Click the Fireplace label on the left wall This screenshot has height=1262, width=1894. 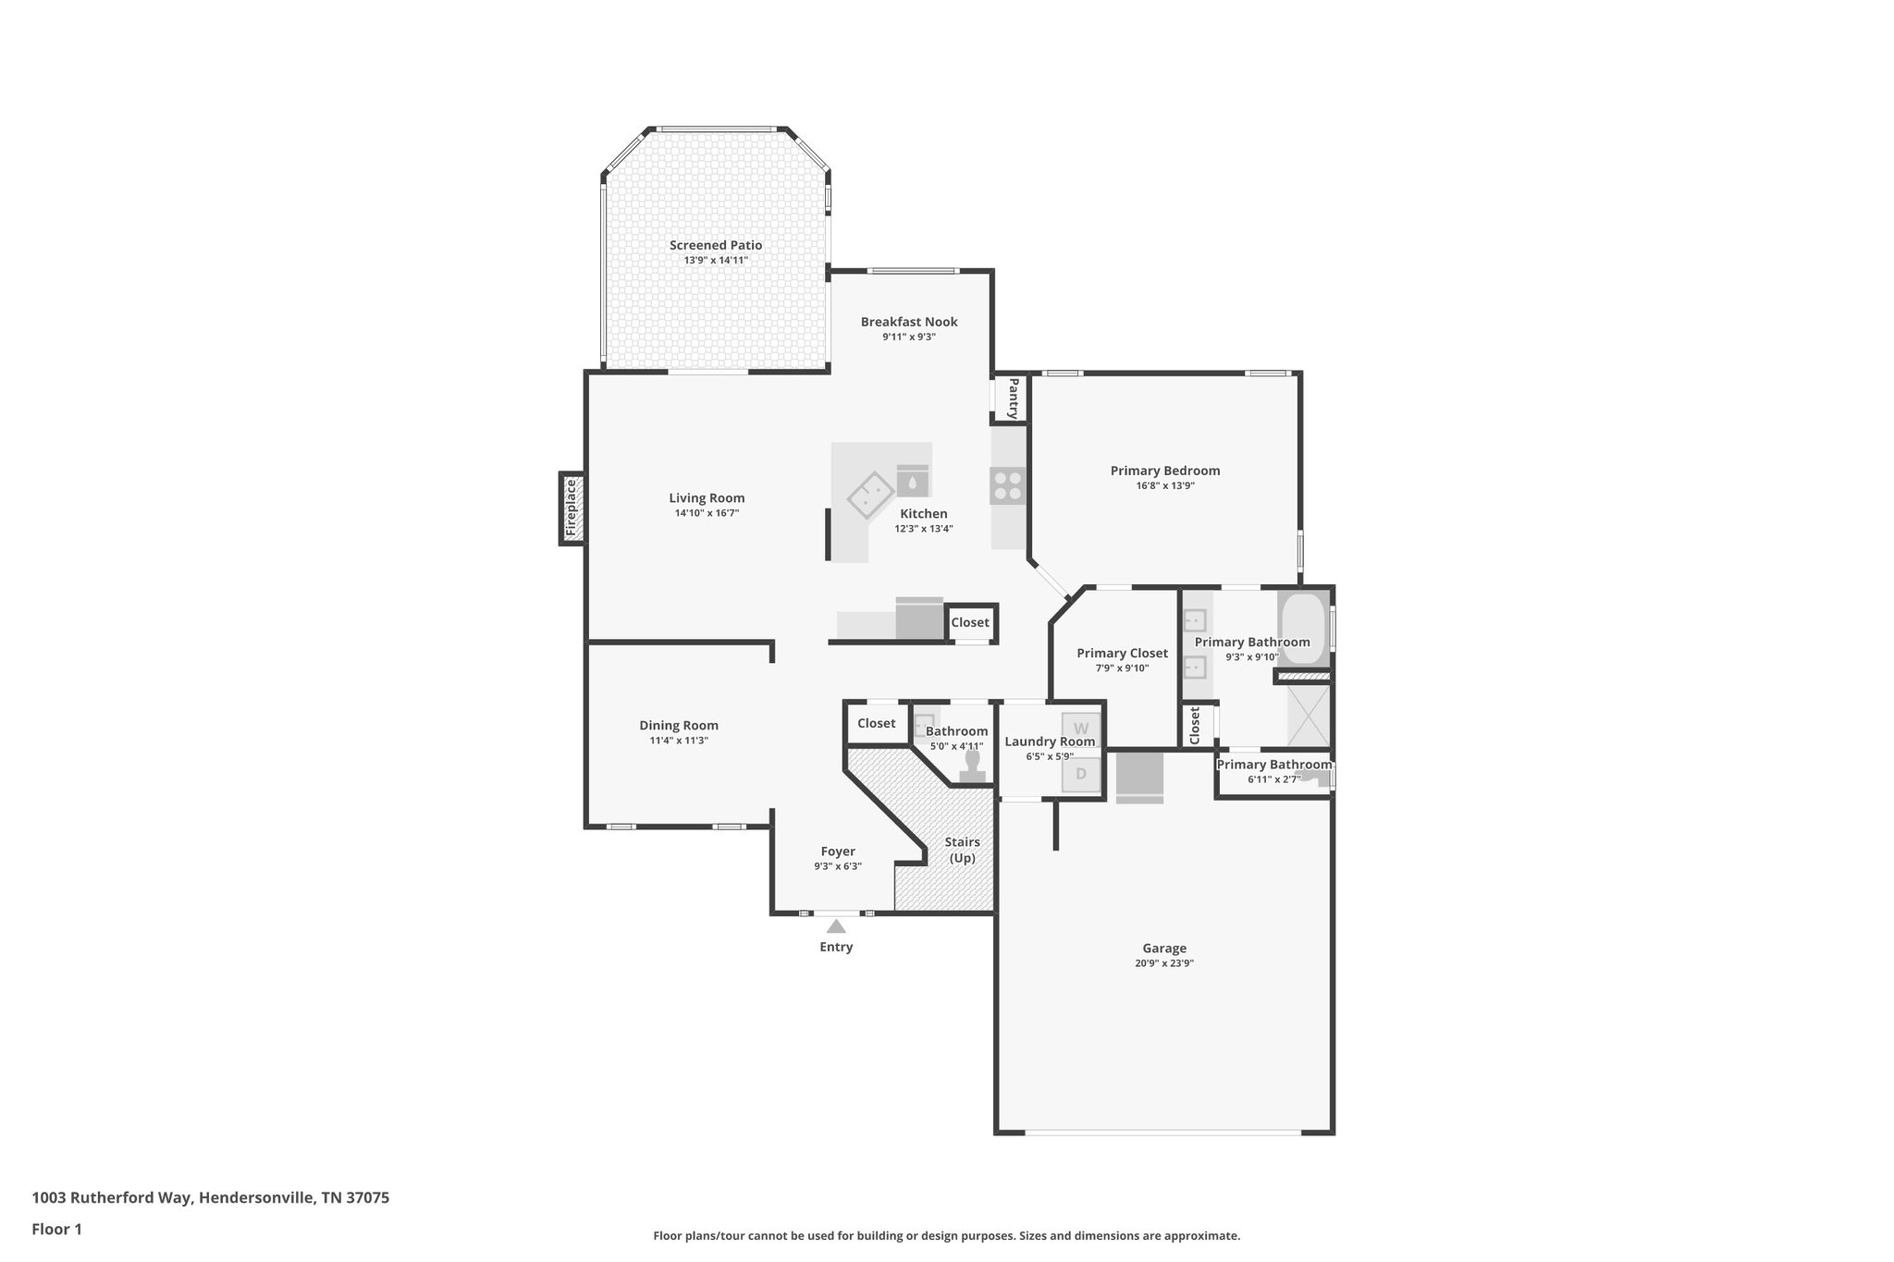572,508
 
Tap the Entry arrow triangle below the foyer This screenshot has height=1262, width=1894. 836,926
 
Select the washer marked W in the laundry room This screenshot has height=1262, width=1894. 1080,729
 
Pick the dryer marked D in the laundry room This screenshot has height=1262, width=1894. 1080,774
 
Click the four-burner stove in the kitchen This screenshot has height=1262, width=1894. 1008,485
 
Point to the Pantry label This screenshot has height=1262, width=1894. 1013,398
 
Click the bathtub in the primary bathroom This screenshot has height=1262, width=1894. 1303,628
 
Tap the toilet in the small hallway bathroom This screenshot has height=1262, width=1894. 972,766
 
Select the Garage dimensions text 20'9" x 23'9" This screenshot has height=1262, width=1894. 1163,962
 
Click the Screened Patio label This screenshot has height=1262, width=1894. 716,245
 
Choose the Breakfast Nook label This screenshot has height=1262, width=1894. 909,322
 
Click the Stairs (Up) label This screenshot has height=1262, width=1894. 962,850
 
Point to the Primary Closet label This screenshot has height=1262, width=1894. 1122,653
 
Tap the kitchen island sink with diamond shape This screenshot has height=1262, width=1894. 870,495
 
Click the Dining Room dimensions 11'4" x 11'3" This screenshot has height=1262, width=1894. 679,741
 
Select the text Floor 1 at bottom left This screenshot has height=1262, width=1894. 57,1229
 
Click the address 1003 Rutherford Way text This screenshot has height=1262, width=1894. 211,1197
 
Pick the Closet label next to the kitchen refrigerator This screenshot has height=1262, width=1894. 970,622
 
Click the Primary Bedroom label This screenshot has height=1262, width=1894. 1165,471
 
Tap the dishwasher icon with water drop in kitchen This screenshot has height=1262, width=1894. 913,481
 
